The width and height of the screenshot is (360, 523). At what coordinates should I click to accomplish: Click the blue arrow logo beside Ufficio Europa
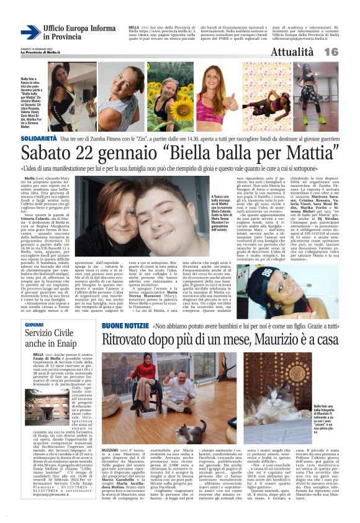pyautogui.click(x=30, y=32)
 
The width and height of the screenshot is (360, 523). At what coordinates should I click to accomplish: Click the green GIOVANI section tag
pyautogui.click(x=34, y=325)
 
